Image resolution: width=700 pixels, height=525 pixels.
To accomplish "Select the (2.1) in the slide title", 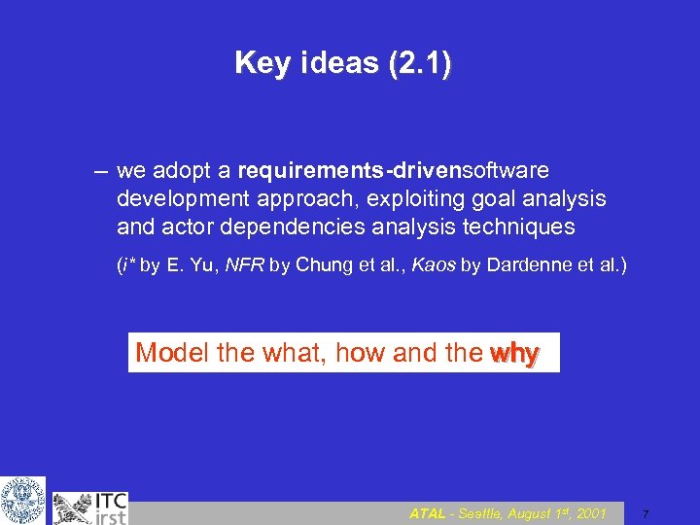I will (x=419, y=64).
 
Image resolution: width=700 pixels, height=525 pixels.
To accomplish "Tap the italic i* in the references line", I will (x=124, y=264).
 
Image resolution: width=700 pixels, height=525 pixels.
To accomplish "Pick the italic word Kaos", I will (x=433, y=264).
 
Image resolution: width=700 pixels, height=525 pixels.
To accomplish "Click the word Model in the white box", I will (x=172, y=353).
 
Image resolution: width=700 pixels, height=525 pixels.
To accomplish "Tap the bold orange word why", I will (x=514, y=354).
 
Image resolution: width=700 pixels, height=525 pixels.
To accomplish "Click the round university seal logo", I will (x=22, y=500).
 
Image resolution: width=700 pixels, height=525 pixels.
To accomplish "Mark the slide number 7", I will (x=646, y=513).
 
